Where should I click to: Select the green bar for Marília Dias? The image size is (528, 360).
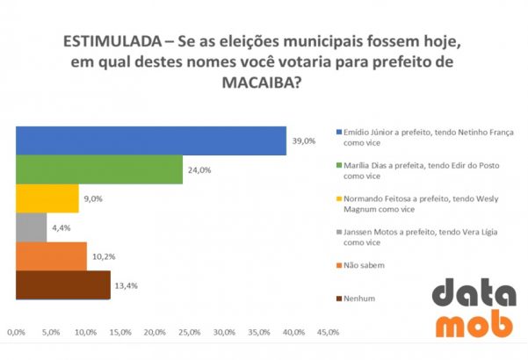coord(99,169)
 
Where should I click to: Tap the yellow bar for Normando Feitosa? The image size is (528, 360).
coord(47,198)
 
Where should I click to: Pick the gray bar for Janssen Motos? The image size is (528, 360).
coord(32,227)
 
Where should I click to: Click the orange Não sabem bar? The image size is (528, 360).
coord(52,256)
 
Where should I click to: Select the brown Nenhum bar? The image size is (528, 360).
coord(63,284)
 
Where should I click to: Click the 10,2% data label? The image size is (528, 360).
coord(104,257)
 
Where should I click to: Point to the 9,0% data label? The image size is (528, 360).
coord(93,199)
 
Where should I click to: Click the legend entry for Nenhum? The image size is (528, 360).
coord(359,299)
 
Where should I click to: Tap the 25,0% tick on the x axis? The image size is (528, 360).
coord(190,332)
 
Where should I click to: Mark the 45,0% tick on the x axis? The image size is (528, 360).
coord(328,332)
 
